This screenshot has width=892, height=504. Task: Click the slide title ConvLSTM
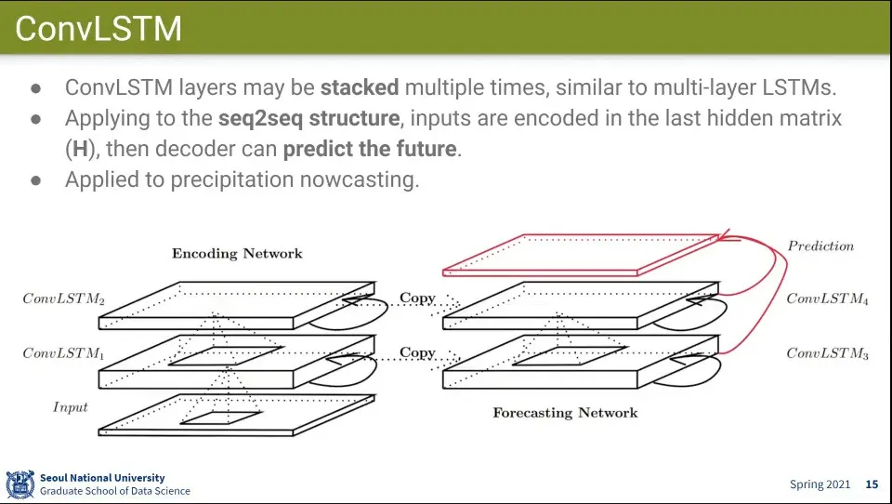pos(98,29)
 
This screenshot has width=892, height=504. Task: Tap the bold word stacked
pos(360,88)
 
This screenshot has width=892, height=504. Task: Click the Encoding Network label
pos(237,253)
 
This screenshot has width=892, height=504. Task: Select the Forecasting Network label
pos(565,412)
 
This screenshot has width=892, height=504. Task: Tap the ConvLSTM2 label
pos(63,299)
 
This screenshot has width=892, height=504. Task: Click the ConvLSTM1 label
pos(63,353)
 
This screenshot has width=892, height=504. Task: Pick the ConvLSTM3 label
pos(827,353)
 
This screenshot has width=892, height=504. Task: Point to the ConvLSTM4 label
pos(827,299)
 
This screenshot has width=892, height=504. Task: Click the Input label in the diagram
pos(70,407)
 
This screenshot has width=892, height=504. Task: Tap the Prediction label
pos(820,246)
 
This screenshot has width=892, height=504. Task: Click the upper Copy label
pos(417,298)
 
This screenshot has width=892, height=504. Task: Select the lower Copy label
pos(417,353)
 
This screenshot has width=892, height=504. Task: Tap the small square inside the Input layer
pos(221,418)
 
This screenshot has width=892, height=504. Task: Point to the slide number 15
pos(872,484)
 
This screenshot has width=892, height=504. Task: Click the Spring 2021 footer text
pos(820,484)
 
